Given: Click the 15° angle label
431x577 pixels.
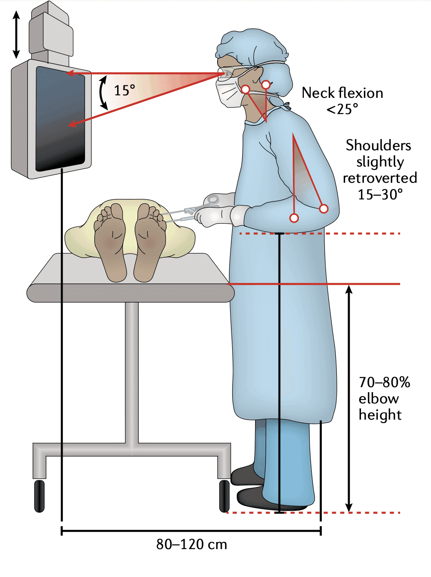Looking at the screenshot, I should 124,90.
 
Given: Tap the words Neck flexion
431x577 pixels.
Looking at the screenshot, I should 342,93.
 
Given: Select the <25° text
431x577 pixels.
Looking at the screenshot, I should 342,109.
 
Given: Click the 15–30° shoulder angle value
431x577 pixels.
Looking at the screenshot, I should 380,194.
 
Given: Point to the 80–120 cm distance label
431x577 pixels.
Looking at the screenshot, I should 191,544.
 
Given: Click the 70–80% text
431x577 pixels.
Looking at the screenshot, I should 384,382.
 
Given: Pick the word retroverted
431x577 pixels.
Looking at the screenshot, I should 380,178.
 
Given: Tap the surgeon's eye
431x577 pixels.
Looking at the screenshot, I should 228,75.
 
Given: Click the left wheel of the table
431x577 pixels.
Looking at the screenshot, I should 39,495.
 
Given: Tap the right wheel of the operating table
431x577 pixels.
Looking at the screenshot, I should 224,495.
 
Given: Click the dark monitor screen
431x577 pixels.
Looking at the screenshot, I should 60,119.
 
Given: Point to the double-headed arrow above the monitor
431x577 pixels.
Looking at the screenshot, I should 16,34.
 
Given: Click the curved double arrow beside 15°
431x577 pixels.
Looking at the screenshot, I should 103,92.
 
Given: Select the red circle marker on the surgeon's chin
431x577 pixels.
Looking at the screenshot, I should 246,89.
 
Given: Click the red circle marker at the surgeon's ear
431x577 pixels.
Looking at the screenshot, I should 266,85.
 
